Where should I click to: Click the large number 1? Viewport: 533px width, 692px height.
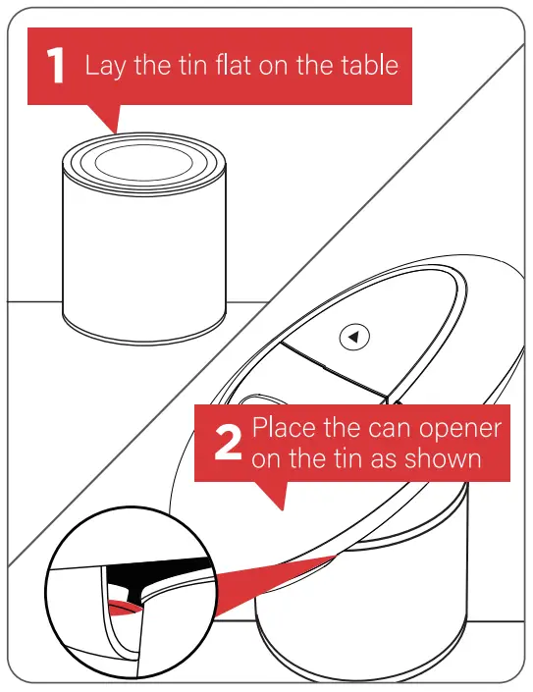click(x=56, y=66)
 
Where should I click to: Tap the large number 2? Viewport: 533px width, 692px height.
click(x=228, y=443)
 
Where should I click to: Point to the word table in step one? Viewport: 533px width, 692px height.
click(x=369, y=65)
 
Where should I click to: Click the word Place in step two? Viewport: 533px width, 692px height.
click(x=284, y=428)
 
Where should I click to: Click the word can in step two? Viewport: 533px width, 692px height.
click(x=389, y=429)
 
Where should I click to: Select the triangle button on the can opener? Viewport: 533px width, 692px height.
click(x=354, y=338)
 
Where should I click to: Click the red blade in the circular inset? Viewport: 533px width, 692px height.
click(x=125, y=608)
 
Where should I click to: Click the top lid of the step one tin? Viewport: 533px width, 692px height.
click(x=144, y=162)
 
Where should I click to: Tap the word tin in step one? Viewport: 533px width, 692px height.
click(x=192, y=65)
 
